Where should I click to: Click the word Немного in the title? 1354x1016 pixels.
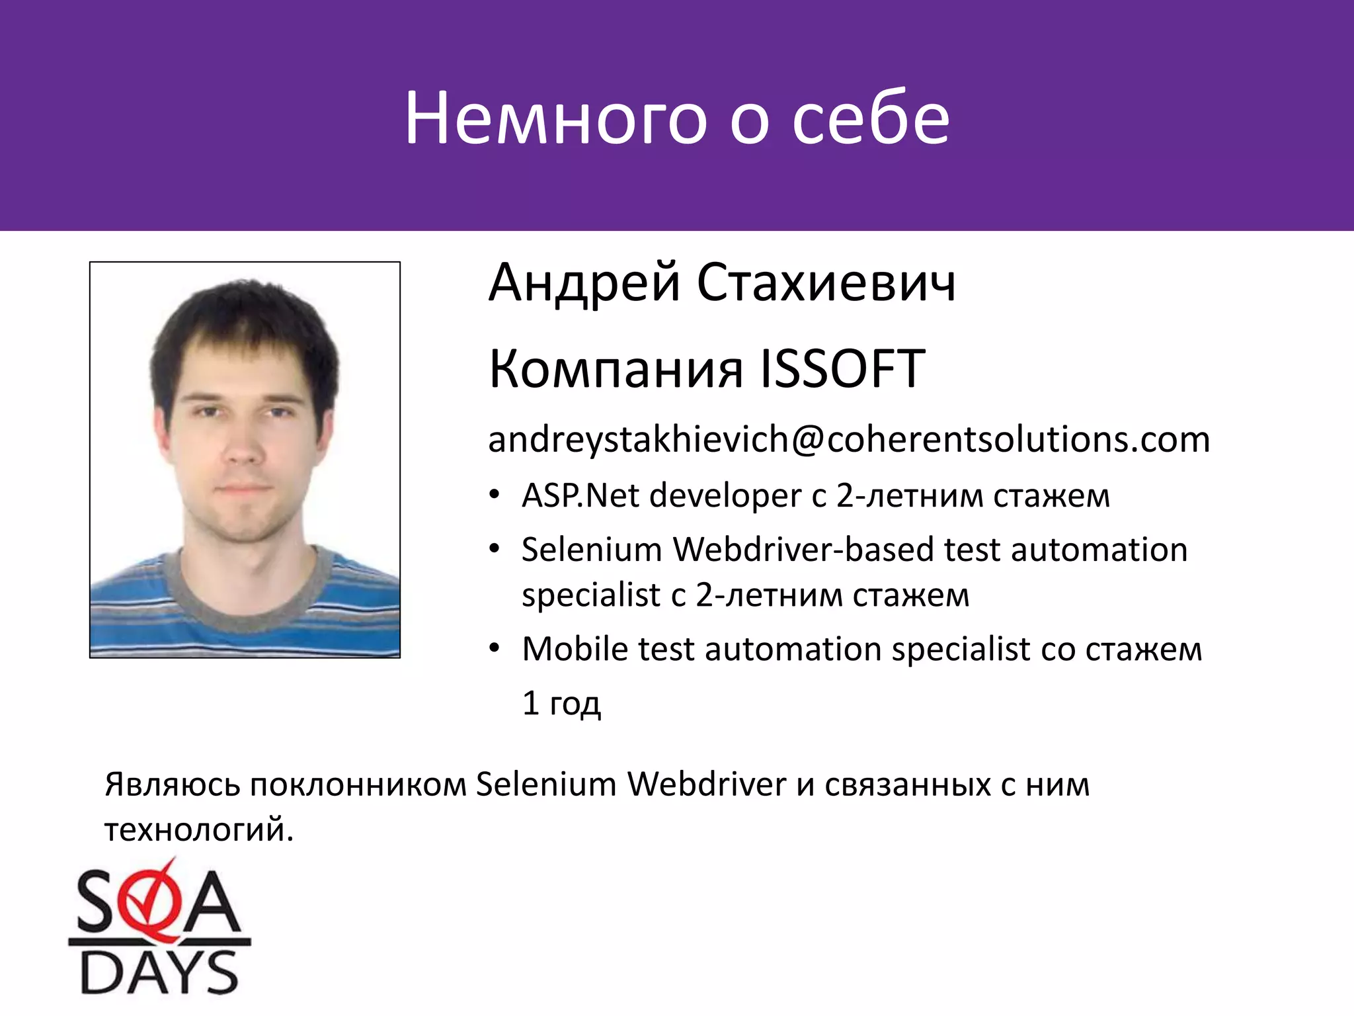click(x=555, y=119)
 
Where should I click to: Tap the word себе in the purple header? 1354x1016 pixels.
click(x=871, y=119)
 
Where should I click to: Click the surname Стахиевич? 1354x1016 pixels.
click(x=826, y=283)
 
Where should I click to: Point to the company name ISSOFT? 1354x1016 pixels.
click(x=843, y=369)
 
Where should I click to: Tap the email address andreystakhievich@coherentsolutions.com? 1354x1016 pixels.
click(x=849, y=440)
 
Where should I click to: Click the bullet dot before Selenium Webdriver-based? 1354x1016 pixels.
click(x=495, y=549)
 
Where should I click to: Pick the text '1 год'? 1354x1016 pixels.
click(x=561, y=702)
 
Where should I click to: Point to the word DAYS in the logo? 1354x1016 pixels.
click(x=159, y=972)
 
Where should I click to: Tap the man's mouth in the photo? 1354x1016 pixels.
click(x=243, y=489)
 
